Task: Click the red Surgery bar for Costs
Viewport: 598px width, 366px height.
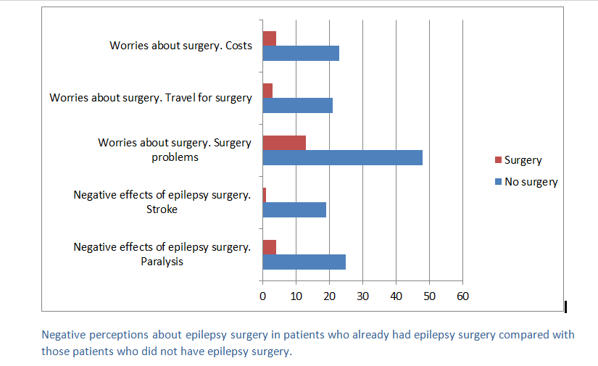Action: pyautogui.click(x=270, y=38)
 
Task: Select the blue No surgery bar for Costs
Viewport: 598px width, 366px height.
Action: pyautogui.click(x=301, y=53)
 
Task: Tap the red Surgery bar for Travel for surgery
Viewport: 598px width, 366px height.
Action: pyautogui.click(x=267, y=90)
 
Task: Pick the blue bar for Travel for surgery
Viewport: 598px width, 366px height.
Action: pyautogui.click(x=297, y=105)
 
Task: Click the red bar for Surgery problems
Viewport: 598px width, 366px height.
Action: pyautogui.click(x=284, y=142)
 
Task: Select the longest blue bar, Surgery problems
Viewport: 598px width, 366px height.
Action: pyautogui.click(x=342, y=157)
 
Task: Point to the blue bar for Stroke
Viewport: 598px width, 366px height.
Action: pyautogui.click(x=294, y=209)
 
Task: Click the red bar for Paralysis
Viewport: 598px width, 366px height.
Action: pyautogui.click(x=270, y=246)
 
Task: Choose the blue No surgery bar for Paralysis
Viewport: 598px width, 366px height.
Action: pyautogui.click(x=304, y=262)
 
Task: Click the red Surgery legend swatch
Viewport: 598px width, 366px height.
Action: pyautogui.click(x=497, y=160)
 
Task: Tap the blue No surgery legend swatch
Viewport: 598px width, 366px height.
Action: pyautogui.click(x=497, y=182)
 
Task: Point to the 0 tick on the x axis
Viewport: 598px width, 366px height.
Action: pyautogui.click(x=262, y=296)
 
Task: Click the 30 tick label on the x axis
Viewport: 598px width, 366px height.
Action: pyautogui.click(x=362, y=296)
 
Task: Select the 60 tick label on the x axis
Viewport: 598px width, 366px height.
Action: pyautogui.click(x=462, y=296)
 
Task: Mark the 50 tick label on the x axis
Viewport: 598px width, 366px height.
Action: pyautogui.click(x=429, y=296)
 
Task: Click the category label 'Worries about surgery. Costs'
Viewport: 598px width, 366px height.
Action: pyautogui.click(x=180, y=46)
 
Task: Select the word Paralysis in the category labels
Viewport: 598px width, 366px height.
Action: pyautogui.click(x=162, y=262)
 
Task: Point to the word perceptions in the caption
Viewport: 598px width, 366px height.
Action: pyautogui.click(x=119, y=335)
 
